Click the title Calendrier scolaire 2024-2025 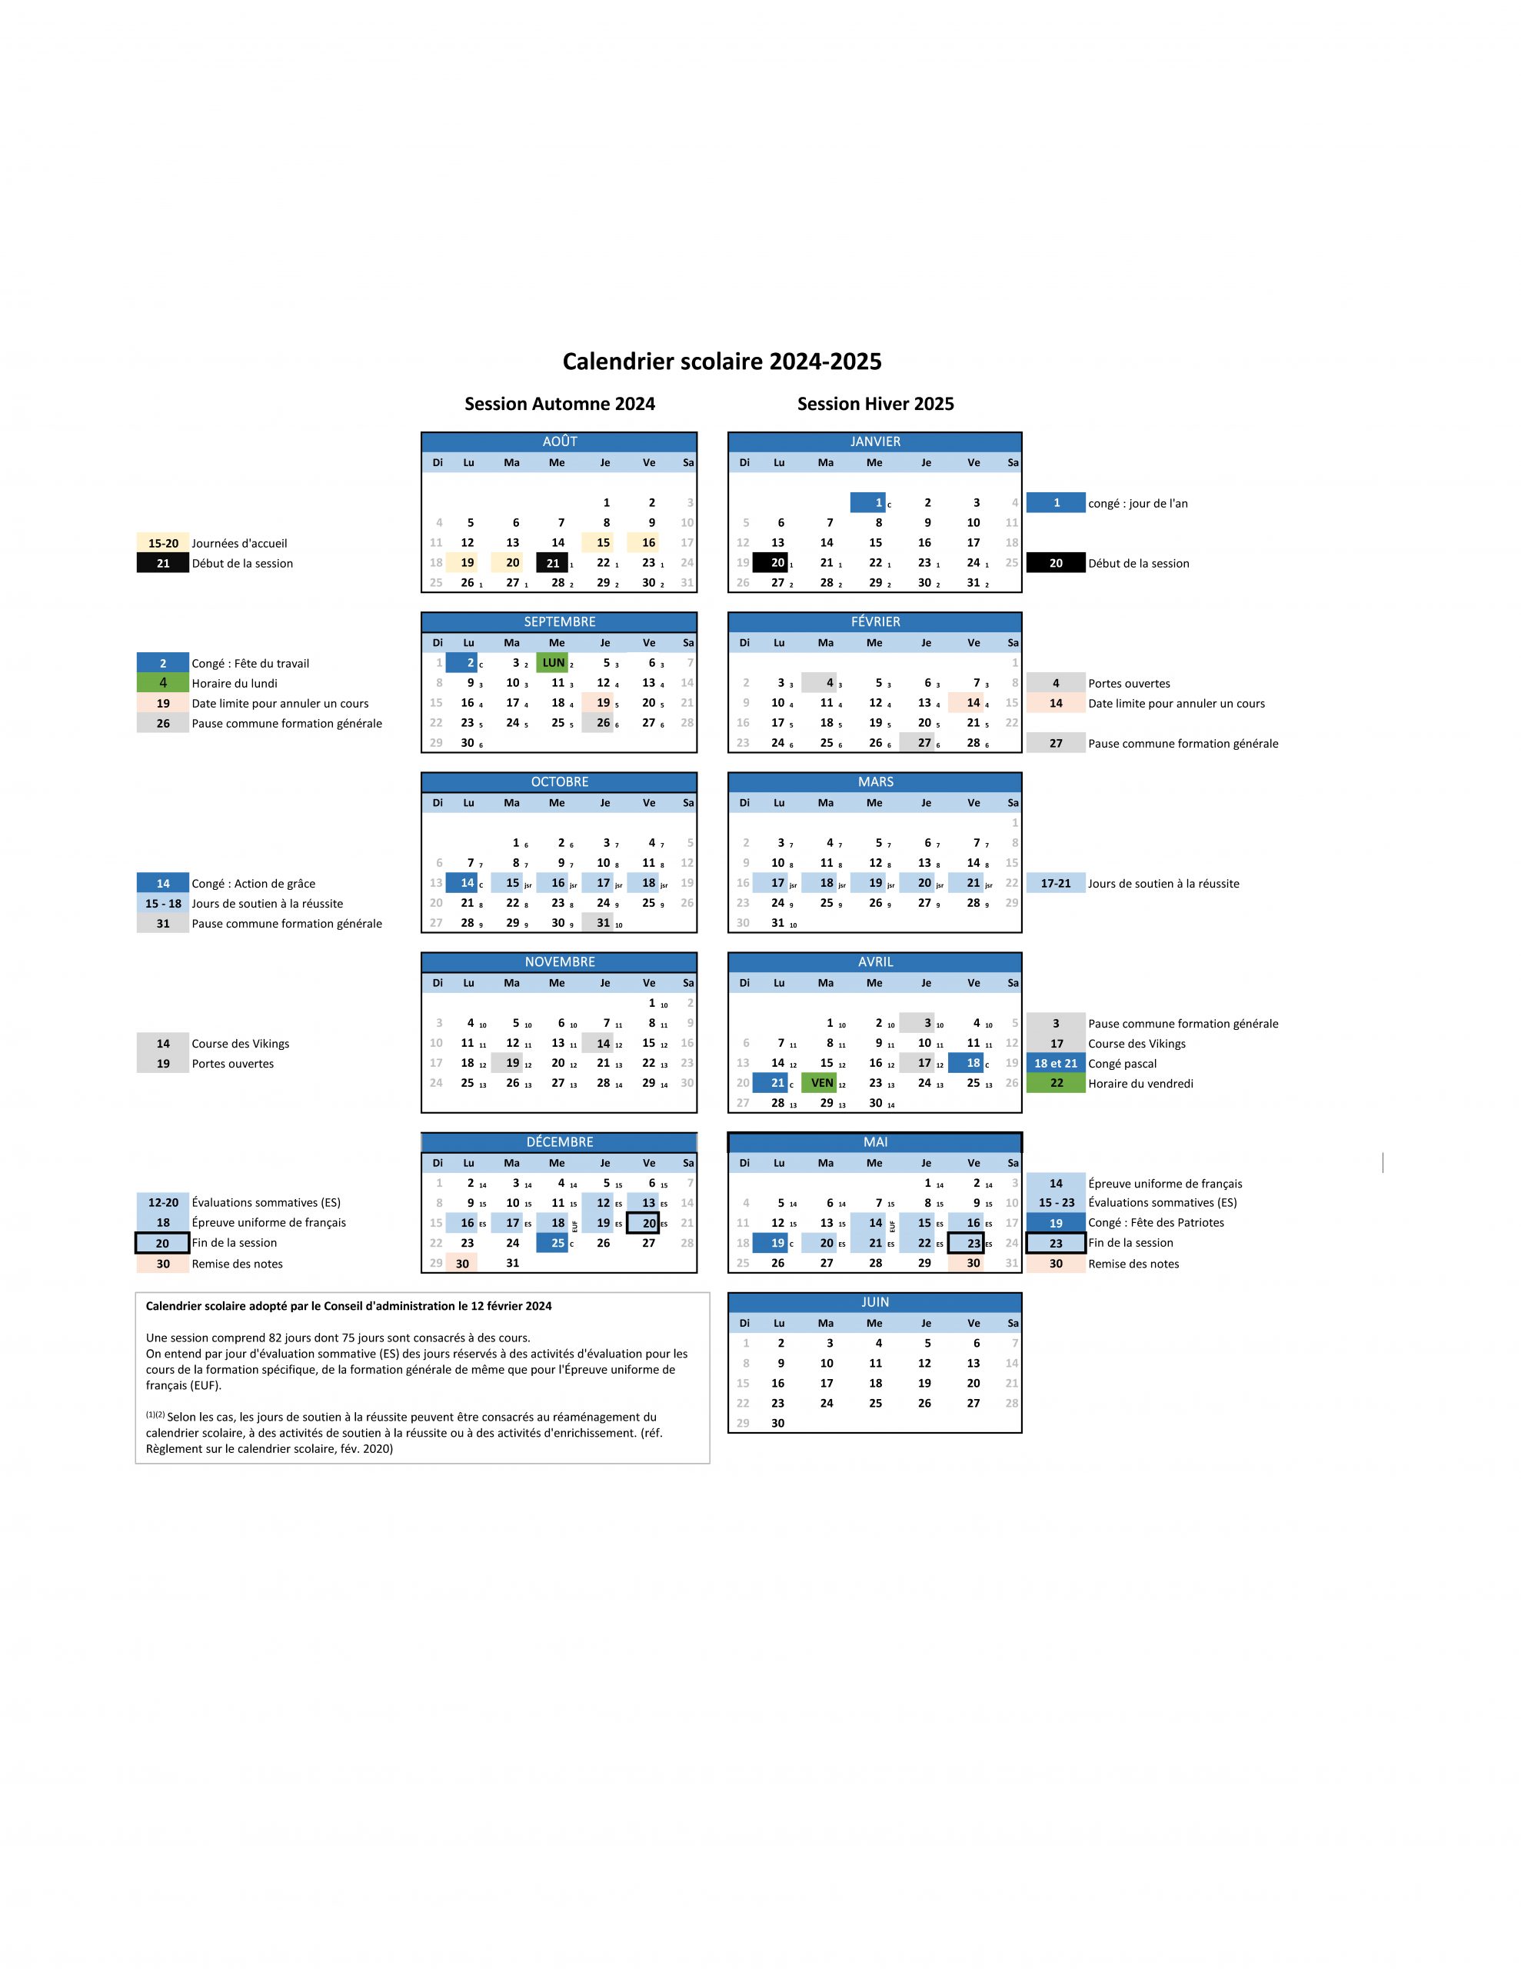click(721, 361)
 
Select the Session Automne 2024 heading click(559, 404)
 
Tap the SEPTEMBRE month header click(559, 622)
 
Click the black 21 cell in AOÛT click(552, 562)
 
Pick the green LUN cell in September click(553, 663)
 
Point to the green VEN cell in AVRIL click(821, 1083)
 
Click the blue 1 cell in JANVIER click(867, 503)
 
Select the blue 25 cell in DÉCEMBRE click(552, 1243)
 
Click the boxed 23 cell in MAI click(965, 1243)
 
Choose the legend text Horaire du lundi click(235, 683)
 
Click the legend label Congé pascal click(1122, 1064)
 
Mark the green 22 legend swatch click(1056, 1083)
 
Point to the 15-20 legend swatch click(163, 544)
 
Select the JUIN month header click(874, 1302)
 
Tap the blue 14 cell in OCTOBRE click(461, 883)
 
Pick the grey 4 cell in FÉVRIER click(820, 682)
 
